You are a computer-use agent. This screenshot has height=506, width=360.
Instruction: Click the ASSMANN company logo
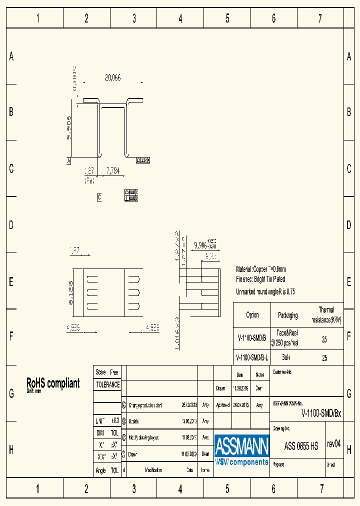[x=241, y=449]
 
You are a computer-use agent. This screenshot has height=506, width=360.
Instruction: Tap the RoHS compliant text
[x=52, y=383]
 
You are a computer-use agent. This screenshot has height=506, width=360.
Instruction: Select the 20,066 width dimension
[x=112, y=77]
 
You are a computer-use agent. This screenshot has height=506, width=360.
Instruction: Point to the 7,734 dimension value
[x=112, y=171]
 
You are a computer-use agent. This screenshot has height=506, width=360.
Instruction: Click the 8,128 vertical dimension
[x=70, y=293]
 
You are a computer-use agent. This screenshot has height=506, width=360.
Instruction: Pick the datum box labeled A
[x=68, y=160]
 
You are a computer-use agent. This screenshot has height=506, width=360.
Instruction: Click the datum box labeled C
[x=99, y=197]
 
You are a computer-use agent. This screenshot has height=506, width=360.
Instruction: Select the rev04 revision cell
[x=333, y=444]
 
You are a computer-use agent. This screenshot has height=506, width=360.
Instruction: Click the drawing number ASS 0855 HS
[x=301, y=446]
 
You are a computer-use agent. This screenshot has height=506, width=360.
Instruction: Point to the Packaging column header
[x=287, y=315]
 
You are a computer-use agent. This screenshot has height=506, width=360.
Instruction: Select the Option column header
[x=252, y=315]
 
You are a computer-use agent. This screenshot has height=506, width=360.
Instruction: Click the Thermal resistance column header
[x=326, y=315]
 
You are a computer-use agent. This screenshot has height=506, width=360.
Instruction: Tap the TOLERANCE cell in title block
[x=107, y=384]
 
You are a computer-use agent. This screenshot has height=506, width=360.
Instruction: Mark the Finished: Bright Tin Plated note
[x=260, y=279]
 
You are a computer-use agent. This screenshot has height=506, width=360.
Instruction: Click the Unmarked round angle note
[x=265, y=291]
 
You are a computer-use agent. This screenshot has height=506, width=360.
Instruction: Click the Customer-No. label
[x=282, y=372]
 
